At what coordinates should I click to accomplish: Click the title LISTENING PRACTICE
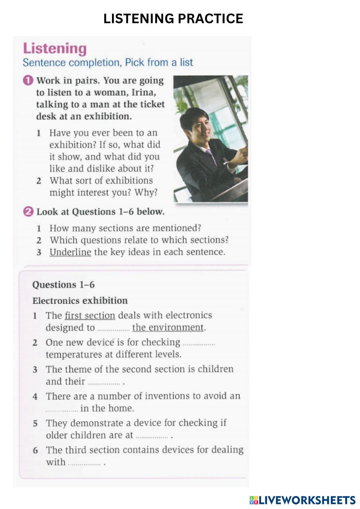pos(173,18)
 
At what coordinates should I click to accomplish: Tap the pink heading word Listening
pos(55,49)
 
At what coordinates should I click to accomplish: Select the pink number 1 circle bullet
pos(28,81)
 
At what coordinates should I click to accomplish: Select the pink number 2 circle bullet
pos(28,212)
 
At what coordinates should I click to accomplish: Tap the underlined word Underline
pos(70,252)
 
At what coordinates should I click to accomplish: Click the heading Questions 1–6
pos(63,285)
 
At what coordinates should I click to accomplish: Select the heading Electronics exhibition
pos(80,301)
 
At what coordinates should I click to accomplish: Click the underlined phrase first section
pos(90,316)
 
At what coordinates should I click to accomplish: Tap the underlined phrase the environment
pos(168,328)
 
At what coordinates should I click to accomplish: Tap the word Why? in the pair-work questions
pos(146,193)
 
